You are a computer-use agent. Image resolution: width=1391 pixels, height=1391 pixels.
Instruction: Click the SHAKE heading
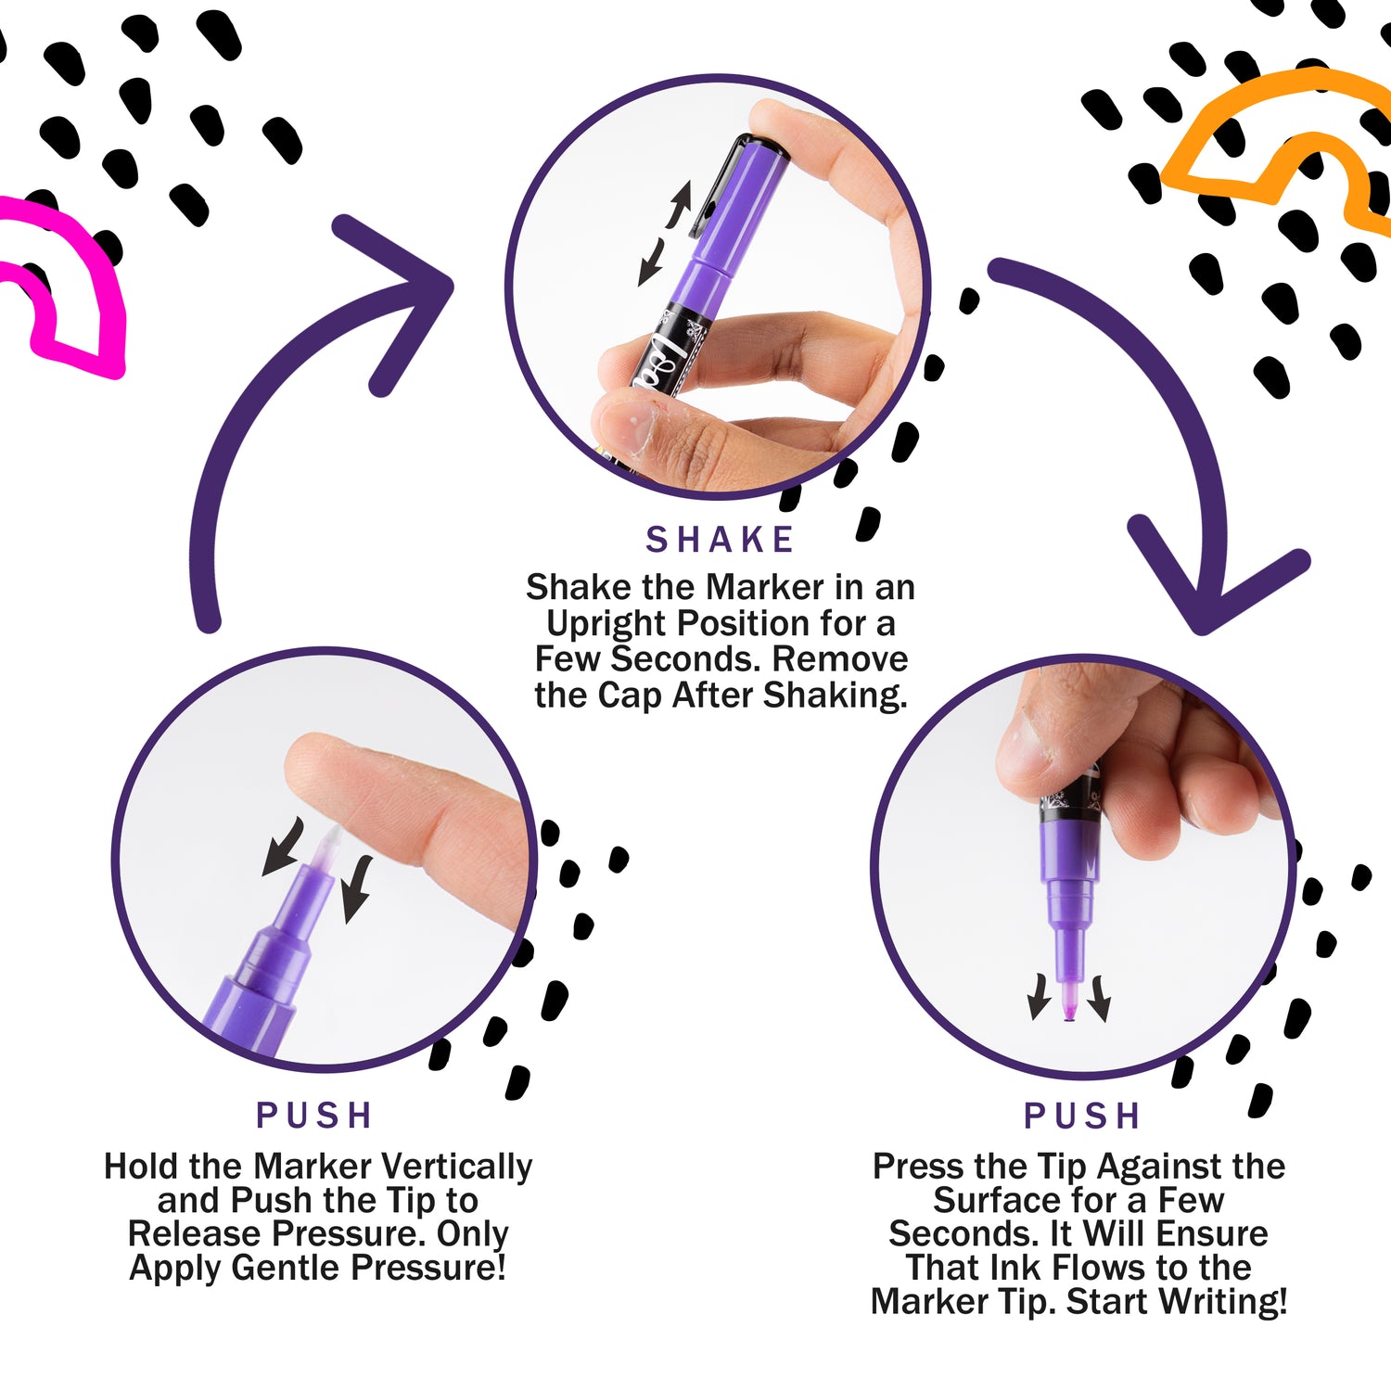720,540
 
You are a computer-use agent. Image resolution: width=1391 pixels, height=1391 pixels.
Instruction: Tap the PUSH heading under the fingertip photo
314,1115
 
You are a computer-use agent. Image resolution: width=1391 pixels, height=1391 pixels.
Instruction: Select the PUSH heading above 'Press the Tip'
1081,1116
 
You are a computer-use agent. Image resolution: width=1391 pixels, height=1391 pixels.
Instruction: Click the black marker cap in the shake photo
733,172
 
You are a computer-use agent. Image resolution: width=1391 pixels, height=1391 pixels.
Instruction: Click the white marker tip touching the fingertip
327,849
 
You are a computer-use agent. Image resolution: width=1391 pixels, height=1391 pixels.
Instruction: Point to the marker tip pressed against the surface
1068,1002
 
